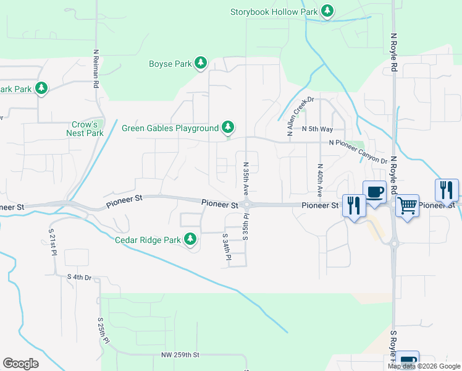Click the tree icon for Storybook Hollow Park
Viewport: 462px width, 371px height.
point(327,11)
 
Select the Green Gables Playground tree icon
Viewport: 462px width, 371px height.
point(229,128)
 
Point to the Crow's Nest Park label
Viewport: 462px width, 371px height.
point(85,129)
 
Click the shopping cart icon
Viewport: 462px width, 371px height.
point(407,205)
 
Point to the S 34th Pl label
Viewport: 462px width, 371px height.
point(225,250)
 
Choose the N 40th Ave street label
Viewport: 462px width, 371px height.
point(319,180)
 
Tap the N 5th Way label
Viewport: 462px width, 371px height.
point(317,129)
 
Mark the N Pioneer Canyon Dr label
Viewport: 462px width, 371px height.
point(358,151)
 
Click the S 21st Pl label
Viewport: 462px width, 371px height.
point(53,243)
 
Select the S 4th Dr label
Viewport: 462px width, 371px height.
point(79,277)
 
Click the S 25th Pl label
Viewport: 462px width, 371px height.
point(103,331)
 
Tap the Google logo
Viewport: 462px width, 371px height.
point(21,364)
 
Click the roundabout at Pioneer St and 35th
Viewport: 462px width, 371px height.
point(246,205)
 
